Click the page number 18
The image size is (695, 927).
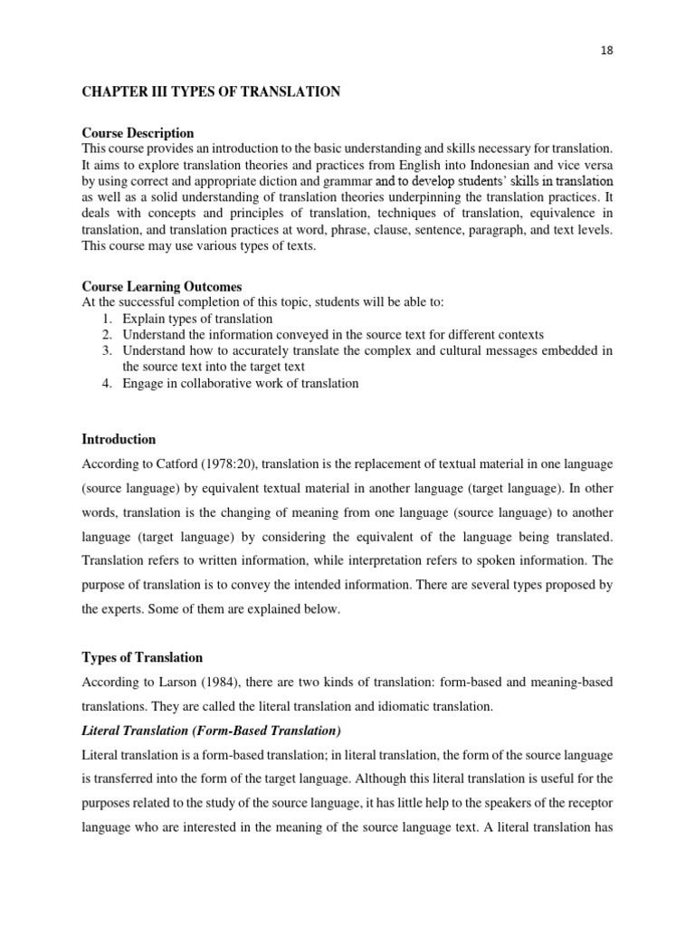point(606,51)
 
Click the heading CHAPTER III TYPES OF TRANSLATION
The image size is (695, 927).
point(211,91)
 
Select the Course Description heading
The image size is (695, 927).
point(138,133)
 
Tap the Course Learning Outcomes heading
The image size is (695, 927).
point(162,286)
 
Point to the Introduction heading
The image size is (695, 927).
point(119,439)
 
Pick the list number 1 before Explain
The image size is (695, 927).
point(106,319)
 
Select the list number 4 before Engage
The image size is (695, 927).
point(106,383)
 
